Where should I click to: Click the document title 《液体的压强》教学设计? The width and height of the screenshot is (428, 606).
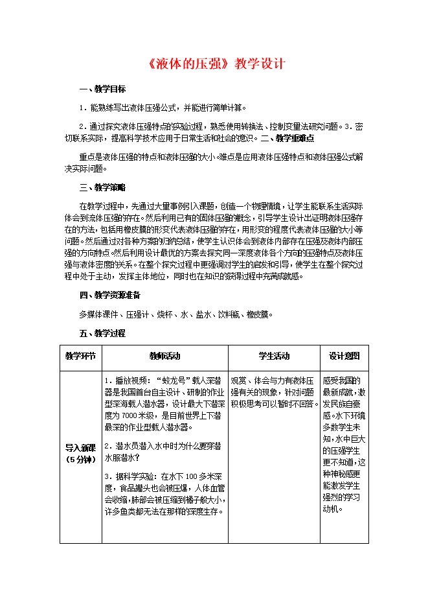point(213,65)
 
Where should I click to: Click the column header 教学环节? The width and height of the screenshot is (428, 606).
point(80,356)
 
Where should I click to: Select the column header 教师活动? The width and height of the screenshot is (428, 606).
point(165,356)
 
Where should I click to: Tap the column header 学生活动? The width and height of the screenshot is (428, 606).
point(274,356)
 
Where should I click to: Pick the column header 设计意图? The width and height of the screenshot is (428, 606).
point(344,356)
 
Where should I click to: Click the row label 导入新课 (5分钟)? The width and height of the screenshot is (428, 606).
point(80,454)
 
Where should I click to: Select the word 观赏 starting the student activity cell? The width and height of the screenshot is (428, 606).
point(239,380)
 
